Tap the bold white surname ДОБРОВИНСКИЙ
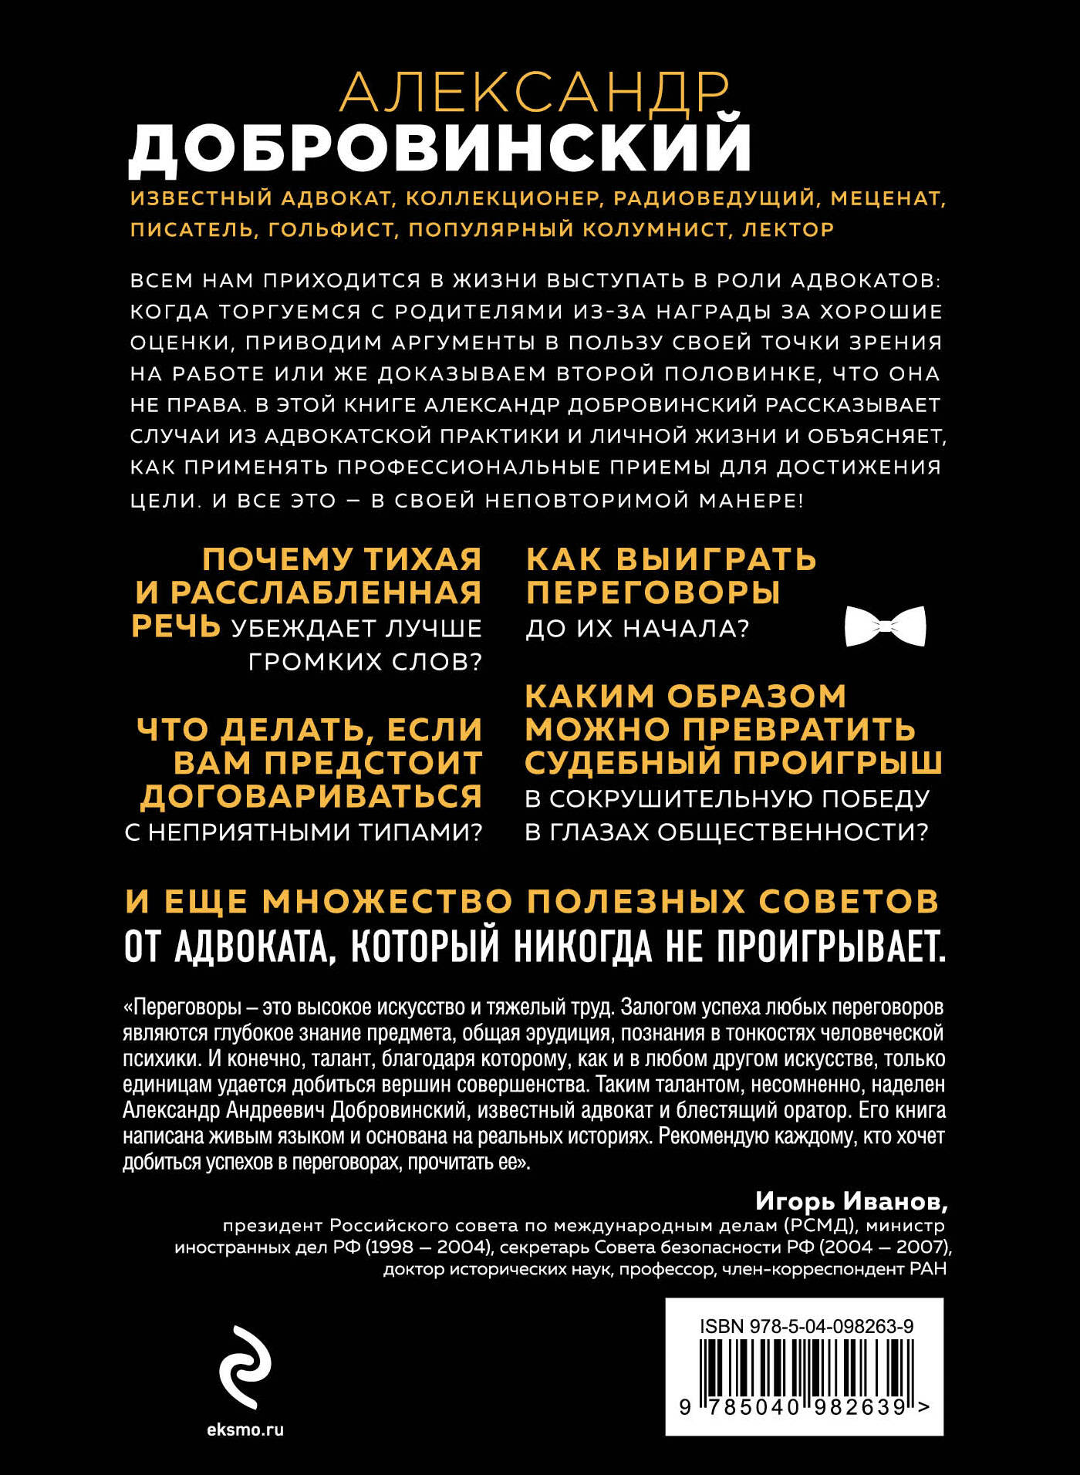point(440,147)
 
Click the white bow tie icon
point(885,626)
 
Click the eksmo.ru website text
point(245,1429)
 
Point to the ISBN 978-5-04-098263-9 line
point(806,1326)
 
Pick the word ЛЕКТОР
point(788,230)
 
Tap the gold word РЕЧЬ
point(176,626)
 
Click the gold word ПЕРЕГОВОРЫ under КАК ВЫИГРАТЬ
point(653,592)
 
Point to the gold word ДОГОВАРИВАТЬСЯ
point(311,796)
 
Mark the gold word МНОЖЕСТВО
point(387,901)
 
